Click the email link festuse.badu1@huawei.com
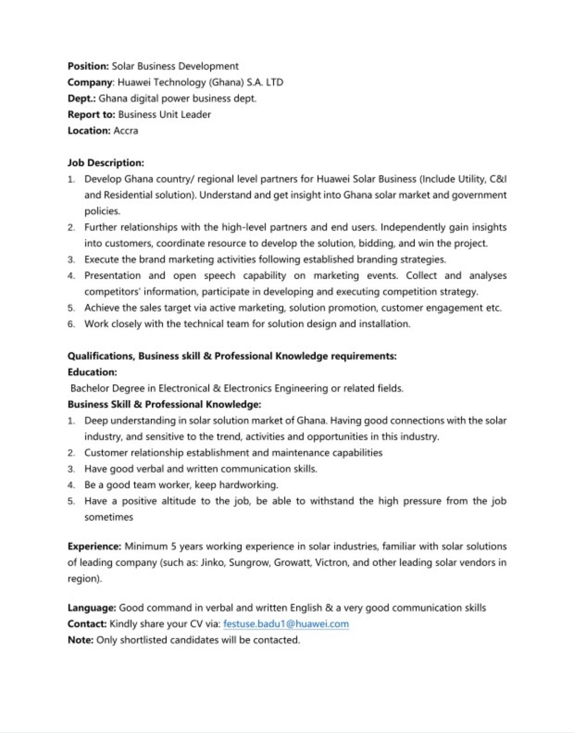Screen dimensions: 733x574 click(x=286, y=624)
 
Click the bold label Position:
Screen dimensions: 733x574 click(x=88, y=66)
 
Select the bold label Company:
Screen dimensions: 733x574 click(x=91, y=82)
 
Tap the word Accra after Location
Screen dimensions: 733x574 click(x=126, y=131)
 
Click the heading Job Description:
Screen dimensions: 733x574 click(x=106, y=163)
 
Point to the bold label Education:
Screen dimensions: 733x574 click(x=92, y=372)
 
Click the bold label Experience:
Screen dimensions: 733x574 click(x=94, y=547)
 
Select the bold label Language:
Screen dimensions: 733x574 click(x=92, y=608)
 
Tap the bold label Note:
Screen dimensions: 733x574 click(x=80, y=640)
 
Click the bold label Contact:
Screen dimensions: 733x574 click(x=87, y=624)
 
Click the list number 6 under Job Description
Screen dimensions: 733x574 click(x=71, y=324)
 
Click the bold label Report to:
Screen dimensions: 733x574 click(x=91, y=115)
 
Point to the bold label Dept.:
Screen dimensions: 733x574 click(x=81, y=99)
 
